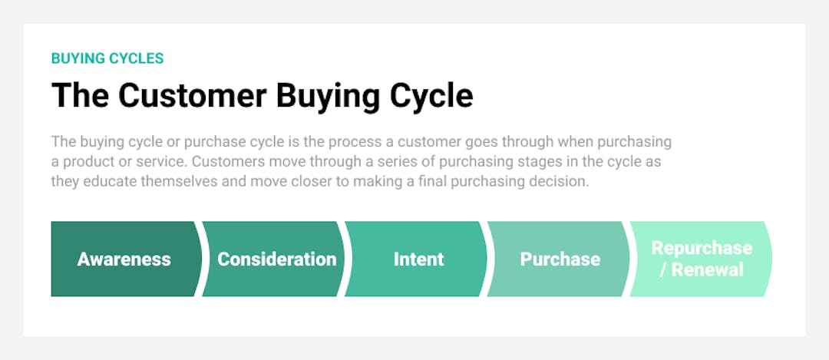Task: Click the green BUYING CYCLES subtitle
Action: [107, 58]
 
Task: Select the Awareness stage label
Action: [124, 259]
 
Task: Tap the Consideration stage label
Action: [276, 259]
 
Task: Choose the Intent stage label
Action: [418, 259]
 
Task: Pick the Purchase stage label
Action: [560, 259]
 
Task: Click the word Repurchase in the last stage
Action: [702, 249]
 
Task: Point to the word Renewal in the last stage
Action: [708, 270]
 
